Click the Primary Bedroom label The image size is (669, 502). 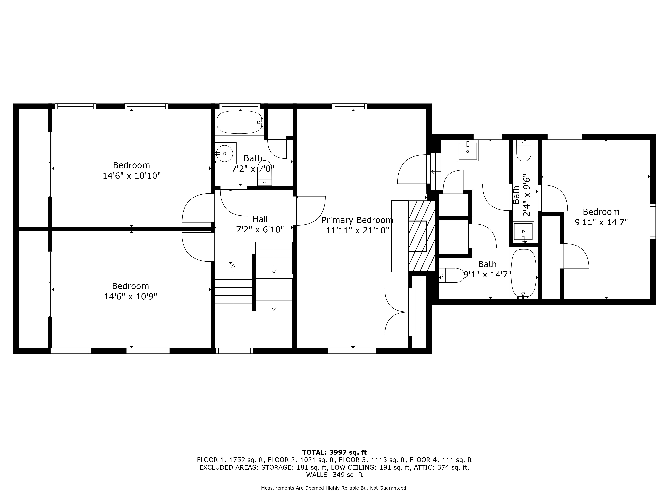tap(357, 220)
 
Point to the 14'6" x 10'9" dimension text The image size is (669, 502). tap(131, 296)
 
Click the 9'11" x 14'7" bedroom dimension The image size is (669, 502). tap(601, 222)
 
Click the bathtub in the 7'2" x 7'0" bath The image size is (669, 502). tap(240, 122)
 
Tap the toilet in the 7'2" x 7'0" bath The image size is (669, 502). tap(264, 173)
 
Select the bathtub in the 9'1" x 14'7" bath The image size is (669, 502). tap(523, 273)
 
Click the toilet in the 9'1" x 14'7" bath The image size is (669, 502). tap(452, 275)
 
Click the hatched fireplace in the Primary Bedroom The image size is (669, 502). tap(422, 236)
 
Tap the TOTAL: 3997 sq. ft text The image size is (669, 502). tap(334, 452)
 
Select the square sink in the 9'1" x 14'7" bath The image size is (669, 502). tap(468, 151)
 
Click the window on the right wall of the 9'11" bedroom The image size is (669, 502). tap(653, 221)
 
